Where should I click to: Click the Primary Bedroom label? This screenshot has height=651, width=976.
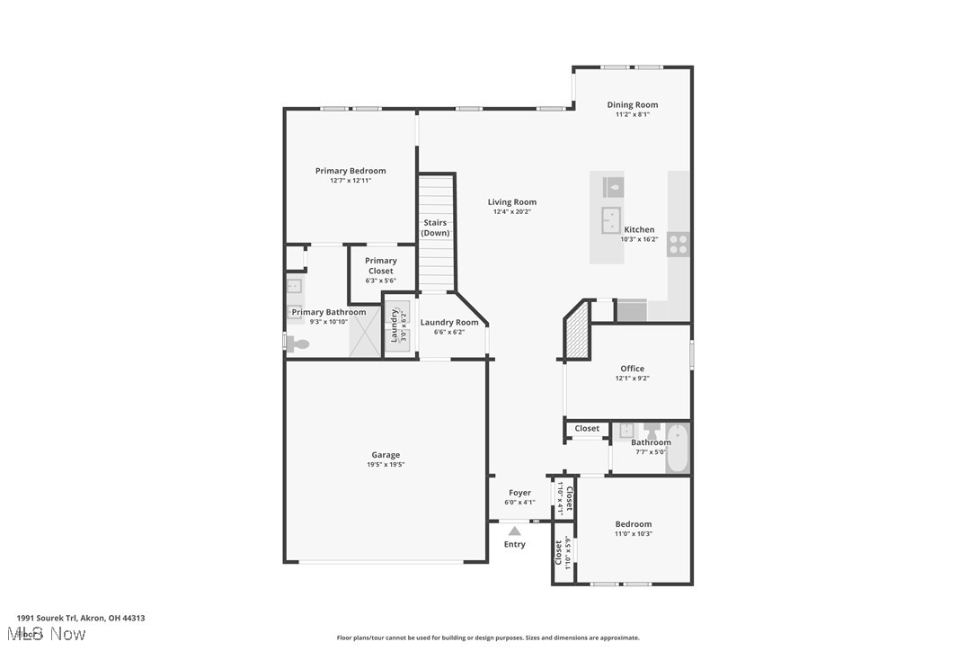pyautogui.click(x=350, y=171)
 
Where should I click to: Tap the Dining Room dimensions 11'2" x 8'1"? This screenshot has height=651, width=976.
pyautogui.click(x=633, y=115)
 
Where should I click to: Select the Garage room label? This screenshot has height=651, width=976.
pyautogui.click(x=386, y=455)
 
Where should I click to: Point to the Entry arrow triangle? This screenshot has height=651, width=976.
pyautogui.click(x=514, y=531)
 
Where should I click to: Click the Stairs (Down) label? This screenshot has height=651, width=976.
pyautogui.click(x=436, y=228)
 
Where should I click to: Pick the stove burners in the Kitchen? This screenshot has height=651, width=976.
pyautogui.click(x=679, y=244)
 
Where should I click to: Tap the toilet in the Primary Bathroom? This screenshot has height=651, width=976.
pyautogui.click(x=297, y=343)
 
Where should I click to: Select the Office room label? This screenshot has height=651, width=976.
pyautogui.click(x=632, y=369)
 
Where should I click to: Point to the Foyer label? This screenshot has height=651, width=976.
pyautogui.click(x=519, y=493)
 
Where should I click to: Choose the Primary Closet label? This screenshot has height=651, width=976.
pyautogui.click(x=381, y=265)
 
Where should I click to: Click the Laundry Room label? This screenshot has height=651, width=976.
pyautogui.click(x=449, y=323)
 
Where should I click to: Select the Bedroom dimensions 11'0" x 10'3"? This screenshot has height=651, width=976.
pyautogui.click(x=634, y=534)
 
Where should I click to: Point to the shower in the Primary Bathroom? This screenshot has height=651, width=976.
pyautogui.click(x=366, y=332)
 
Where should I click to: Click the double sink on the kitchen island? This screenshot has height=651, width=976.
pyautogui.click(x=611, y=218)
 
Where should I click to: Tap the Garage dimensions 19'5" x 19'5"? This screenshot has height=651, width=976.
pyautogui.click(x=386, y=465)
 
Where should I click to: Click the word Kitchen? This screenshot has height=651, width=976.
pyautogui.click(x=640, y=229)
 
